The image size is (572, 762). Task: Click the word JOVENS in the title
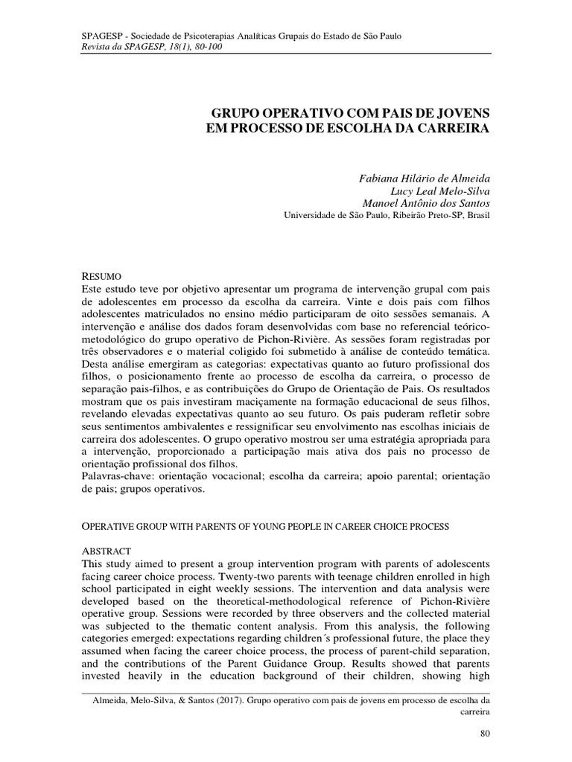coord(465,112)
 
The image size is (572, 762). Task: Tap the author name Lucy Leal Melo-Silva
coord(444,191)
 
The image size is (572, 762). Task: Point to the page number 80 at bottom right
coord(485,734)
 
